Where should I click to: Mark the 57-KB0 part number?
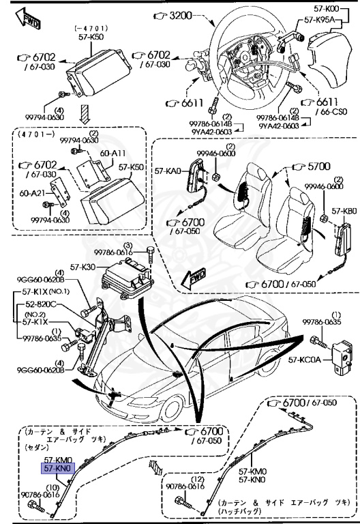coord(344,212)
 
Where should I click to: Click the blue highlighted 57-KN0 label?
coord(57,469)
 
